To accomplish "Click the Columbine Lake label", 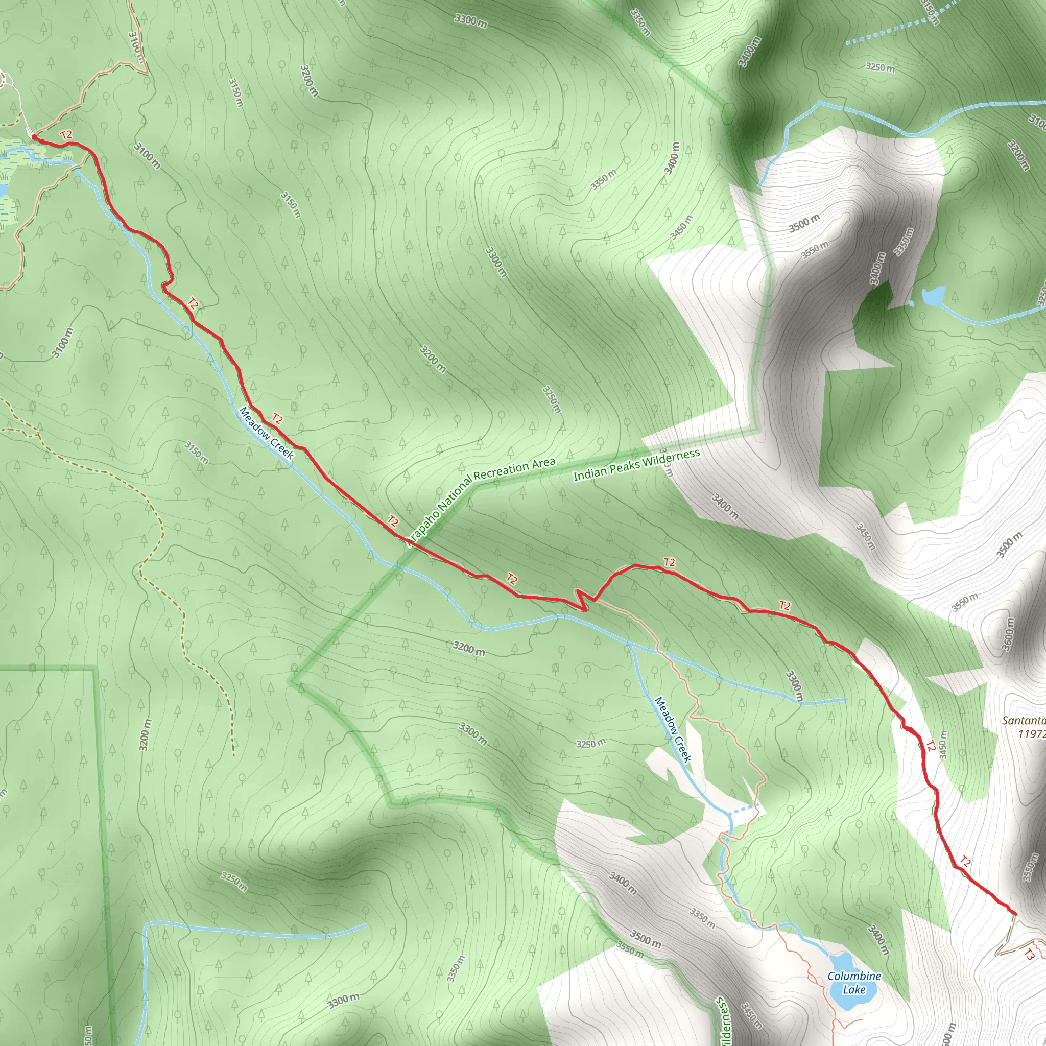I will pyautogui.click(x=854, y=967).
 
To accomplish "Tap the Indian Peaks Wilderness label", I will pyautogui.click(x=636, y=466).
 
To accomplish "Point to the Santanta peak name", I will pyautogui.click(x=1023, y=721).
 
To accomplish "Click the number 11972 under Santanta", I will pyautogui.click(x=1031, y=734).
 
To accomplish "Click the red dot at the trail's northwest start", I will pyautogui.click(x=34, y=136).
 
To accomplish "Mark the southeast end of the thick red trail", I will pyautogui.click(x=1013, y=914).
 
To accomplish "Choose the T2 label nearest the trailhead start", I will pyautogui.click(x=66, y=135).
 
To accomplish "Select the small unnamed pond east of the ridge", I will pyautogui.click(x=934, y=296).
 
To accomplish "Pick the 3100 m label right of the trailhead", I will pyautogui.click(x=147, y=156).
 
